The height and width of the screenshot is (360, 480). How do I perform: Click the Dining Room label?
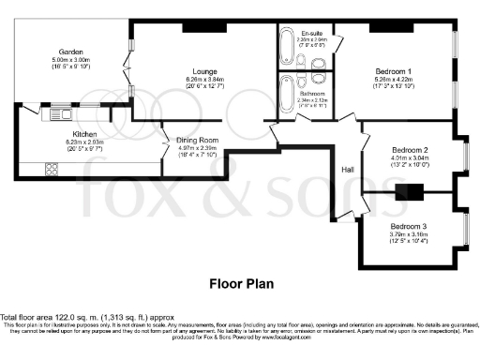(198, 141)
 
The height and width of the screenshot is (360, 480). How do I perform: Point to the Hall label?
(346, 170)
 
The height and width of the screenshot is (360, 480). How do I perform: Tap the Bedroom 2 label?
(409, 150)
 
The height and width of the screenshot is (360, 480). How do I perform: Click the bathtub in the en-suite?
(286, 50)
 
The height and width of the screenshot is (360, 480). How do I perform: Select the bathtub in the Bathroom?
(286, 95)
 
